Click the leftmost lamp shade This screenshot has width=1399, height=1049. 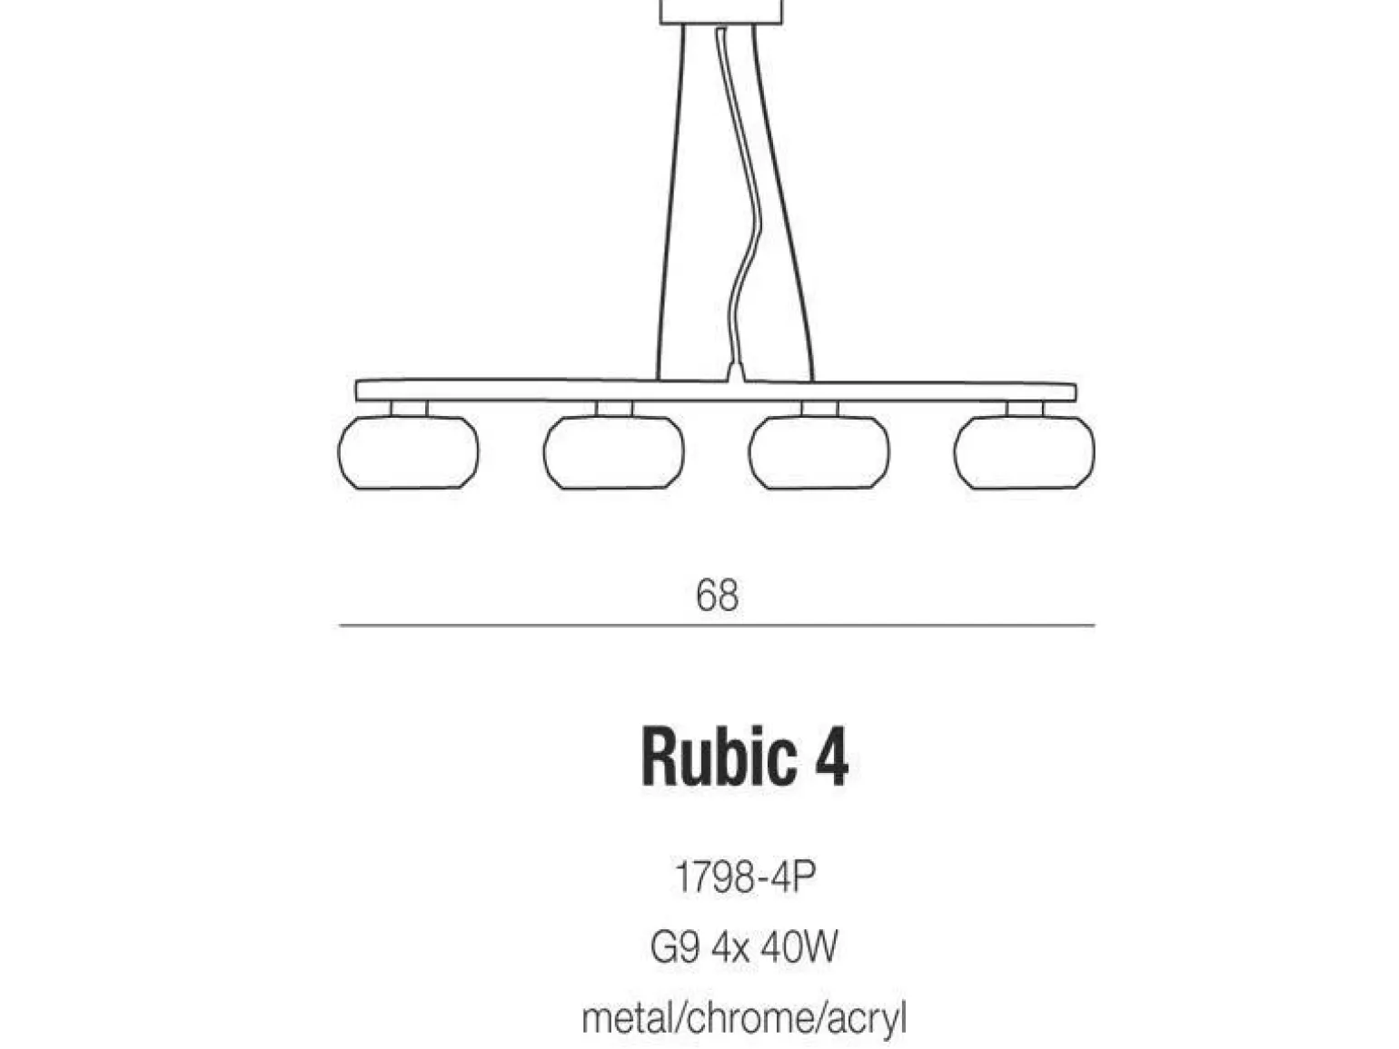coord(408,452)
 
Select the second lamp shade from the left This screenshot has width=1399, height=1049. coord(614,452)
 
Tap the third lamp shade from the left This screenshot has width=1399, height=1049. coord(819,452)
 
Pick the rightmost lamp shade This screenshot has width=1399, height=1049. coord(1024,452)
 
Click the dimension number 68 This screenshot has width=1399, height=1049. coord(717,596)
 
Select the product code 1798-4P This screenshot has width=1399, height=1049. coord(744,877)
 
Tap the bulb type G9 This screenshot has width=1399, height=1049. coord(675,947)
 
